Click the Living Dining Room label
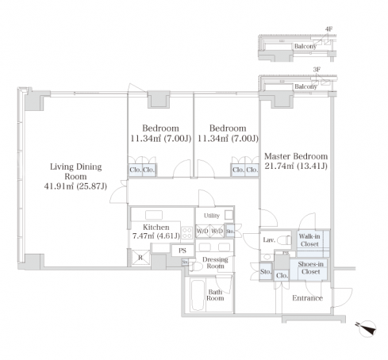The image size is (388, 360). pyautogui.click(x=75, y=171)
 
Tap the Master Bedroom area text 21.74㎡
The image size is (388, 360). pyautogui.click(x=280, y=166)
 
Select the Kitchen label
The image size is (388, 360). pyautogui.click(x=156, y=227)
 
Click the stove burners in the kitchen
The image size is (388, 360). pyautogui.click(x=187, y=233)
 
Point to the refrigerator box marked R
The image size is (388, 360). pyautogui.click(x=140, y=258)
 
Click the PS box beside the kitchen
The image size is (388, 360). pyautogui.click(x=182, y=251)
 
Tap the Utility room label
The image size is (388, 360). pyautogui.click(x=212, y=216)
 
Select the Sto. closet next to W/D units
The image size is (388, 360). pyautogui.click(x=230, y=231)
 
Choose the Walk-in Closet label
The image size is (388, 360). pyautogui.click(x=309, y=240)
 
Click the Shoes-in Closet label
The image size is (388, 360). pyautogui.click(x=310, y=268)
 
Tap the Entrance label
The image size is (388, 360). pyautogui.click(x=307, y=298)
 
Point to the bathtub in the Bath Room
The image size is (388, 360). pyautogui.click(x=198, y=295)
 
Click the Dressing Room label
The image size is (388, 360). pyautogui.click(x=215, y=262)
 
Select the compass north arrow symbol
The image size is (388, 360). pyautogui.click(x=367, y=328)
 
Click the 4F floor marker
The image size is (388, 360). pyautogui.click(x=328, y=29)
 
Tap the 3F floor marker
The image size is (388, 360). pyautogui.click(x=317, y=70)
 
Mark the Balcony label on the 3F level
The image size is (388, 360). pyautogui.click(x=305, y=86)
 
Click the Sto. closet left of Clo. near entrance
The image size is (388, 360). pyautogui.click(x=266, y=271)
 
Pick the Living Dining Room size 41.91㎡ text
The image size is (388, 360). pyautogui.click(x=59, y=186)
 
